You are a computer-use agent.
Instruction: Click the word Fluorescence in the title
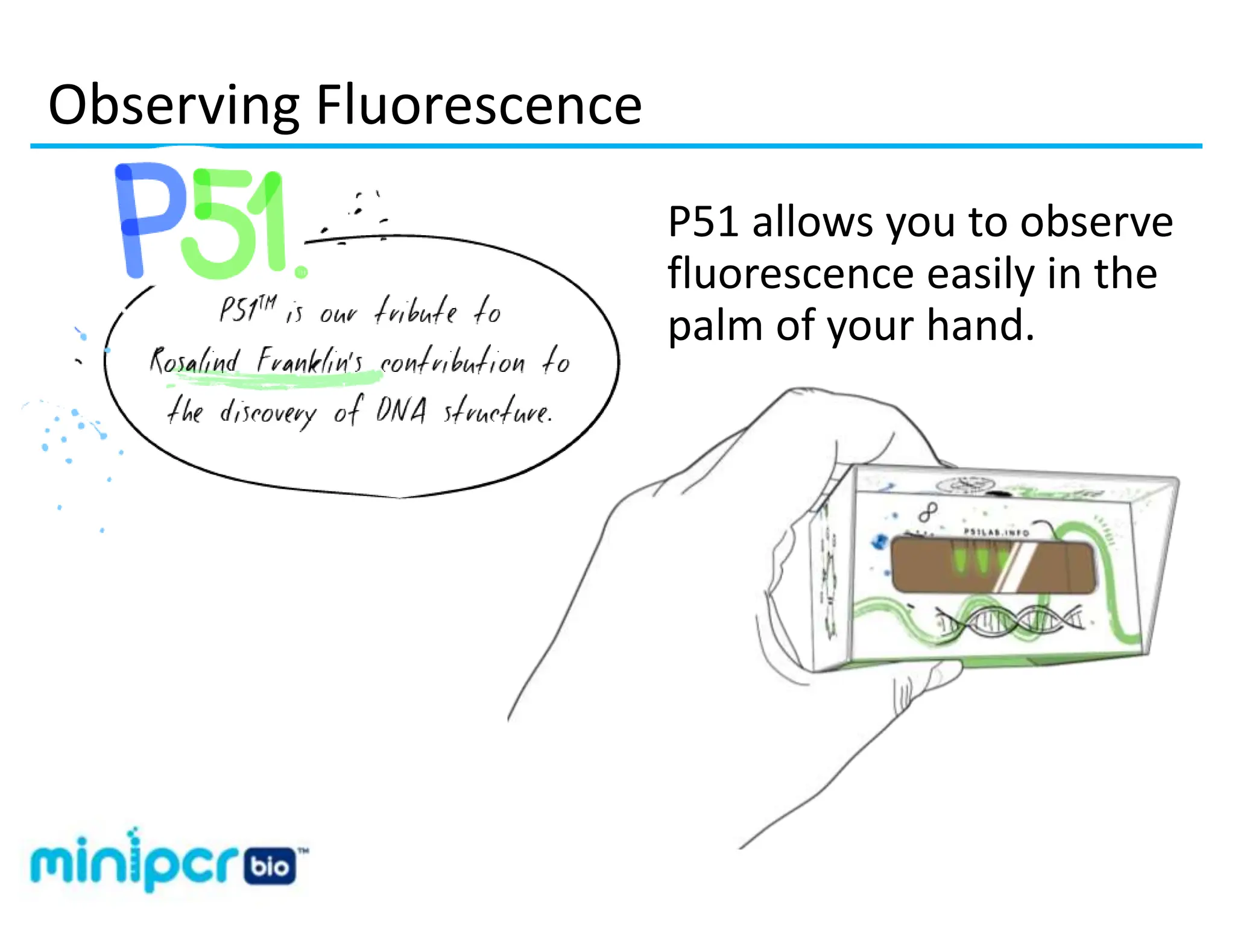click(479, 105)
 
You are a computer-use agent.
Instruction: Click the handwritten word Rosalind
click(194, 362)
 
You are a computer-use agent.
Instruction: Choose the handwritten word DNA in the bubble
click(402, 411)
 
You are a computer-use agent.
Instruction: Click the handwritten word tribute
click(416, 311)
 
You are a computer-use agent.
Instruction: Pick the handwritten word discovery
click(267, 413)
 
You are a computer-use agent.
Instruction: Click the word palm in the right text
click(715, 326)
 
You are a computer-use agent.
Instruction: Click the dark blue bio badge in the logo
click(270, 867)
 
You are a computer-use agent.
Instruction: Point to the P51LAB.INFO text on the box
click(996, 532)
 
